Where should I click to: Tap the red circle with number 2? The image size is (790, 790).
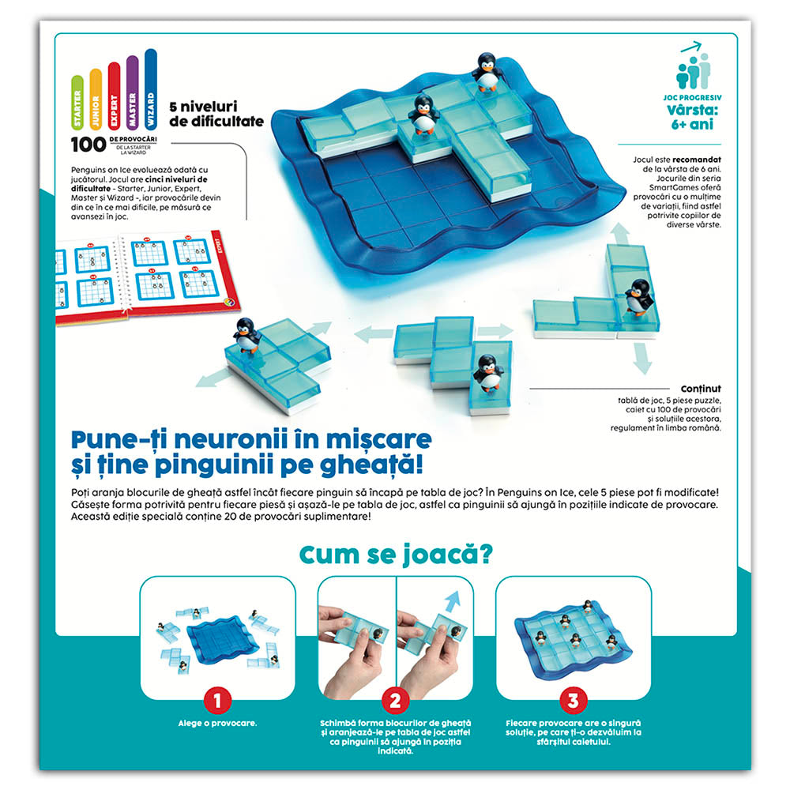(x=396, y=700)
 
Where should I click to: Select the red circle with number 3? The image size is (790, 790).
(x=574, y=700)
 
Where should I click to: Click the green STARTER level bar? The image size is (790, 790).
(x=77, y=103)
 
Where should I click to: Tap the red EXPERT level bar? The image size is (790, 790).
(x=114, y=96)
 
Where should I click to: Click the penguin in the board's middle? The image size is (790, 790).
(x=424, y=113)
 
